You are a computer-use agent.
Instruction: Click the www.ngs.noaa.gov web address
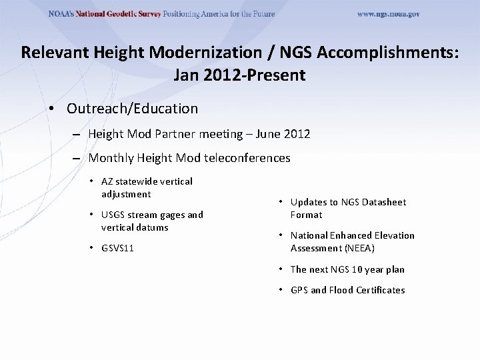[x=388, y=14]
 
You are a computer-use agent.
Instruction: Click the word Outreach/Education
[x=132, y=108]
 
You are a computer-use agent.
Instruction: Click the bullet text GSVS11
[x=117, y=248]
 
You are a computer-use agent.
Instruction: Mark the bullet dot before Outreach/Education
[x=51, y=108]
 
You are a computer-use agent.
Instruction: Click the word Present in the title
[x=278, y=75]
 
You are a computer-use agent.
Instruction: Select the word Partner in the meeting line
[x=176, y=134]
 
